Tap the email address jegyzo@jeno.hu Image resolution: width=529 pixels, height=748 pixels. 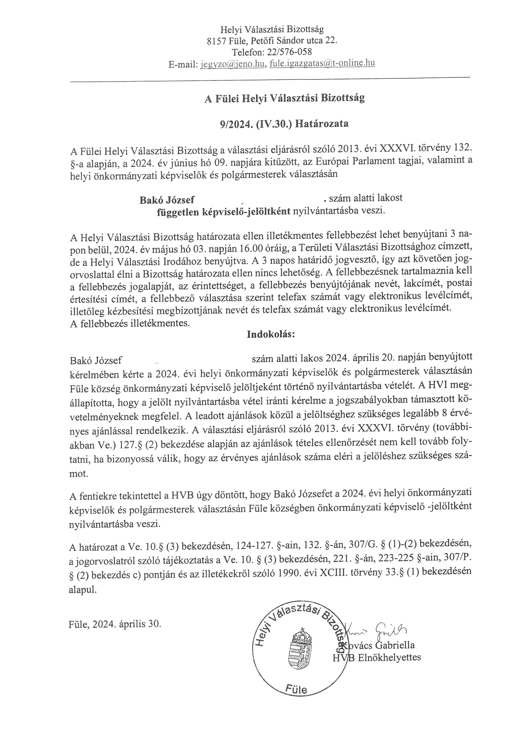(232, 64)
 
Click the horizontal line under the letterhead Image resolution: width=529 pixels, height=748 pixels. (270, 78)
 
